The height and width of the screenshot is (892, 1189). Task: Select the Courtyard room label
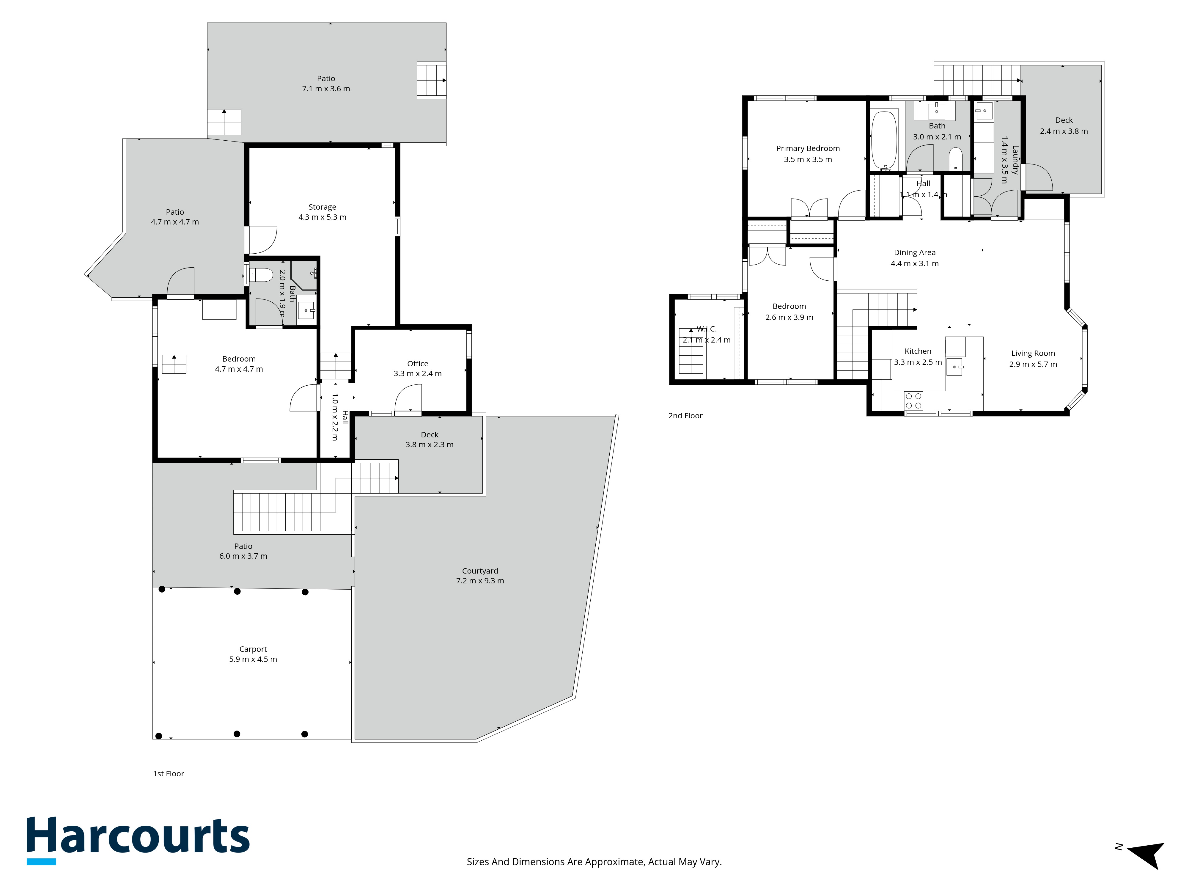[480, 571]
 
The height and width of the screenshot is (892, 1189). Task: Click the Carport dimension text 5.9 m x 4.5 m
[253, 659]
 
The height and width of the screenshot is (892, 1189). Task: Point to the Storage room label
[323, 207]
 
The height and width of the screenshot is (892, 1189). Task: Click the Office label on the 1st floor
[418, 363]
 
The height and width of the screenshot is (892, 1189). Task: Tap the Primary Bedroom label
[808, 148]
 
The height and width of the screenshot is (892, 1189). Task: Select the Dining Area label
[915, 252]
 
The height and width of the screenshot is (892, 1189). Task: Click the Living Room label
[1033, 353]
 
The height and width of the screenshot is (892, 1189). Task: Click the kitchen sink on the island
[955, 366]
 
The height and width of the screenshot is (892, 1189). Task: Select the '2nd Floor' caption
[685, 416]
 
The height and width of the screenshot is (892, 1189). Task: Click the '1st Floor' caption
[169, 774]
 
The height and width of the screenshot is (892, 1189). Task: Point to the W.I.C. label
[706, 329]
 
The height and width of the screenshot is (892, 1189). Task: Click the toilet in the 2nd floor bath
[955, 158]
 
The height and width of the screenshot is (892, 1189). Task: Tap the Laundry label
[1015, 160]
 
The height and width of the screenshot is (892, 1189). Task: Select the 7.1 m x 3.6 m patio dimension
[326, 89]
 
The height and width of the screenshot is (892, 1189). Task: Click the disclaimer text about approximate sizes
[594, 862]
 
